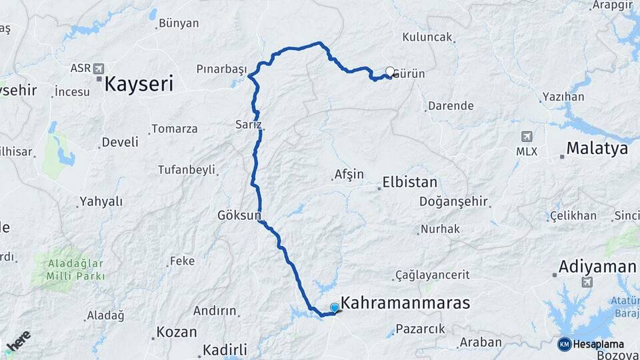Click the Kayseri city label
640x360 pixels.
(x=139, y=84)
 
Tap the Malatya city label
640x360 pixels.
(x=597, y=148)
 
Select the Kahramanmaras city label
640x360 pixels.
(x=405, y=303)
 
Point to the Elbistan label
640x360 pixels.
(x=410, y=182)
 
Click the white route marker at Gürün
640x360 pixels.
(x=390, y=72)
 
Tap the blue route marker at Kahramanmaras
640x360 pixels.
(x=335, y=307)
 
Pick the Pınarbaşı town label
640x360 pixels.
(x=221, y=69)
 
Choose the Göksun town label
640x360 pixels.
(x=239, y=215)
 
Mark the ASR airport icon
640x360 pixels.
(x=99, y=68)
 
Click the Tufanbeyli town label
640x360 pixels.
(x=186, y=170)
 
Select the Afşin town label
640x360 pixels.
(x=349, y=175)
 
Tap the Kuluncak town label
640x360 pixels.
(x=427, y=38)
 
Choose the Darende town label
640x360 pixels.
(x=451, y=106)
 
